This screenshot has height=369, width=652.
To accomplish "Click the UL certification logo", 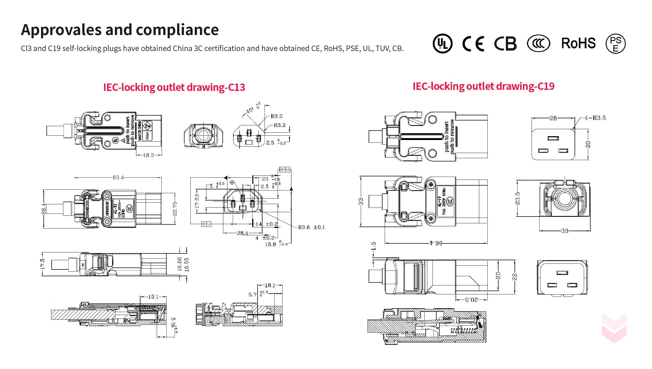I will (443, 44).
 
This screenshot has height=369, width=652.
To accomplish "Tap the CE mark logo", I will (473, 44).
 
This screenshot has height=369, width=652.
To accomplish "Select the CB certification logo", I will (505, 44).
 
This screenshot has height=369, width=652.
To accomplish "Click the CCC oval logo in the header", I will (538, 43).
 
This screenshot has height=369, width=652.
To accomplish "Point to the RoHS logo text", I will (578, 43).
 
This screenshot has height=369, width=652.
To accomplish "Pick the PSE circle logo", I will (616, 44).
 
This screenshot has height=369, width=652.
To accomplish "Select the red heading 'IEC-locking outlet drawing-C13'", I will (174, 87).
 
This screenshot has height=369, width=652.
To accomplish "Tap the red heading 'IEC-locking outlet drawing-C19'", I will (483, 86).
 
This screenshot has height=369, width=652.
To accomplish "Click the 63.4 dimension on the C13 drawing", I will (118, 177).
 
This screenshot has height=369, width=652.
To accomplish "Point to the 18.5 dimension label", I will (149, 155).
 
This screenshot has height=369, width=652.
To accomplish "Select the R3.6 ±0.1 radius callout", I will (311, 227).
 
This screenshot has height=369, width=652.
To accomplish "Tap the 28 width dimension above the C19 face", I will (553, 118).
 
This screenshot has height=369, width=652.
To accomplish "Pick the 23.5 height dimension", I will (518, 198).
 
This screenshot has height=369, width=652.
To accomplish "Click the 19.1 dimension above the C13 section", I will (153, 297).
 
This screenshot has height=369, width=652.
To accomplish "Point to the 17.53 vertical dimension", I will (197, 201).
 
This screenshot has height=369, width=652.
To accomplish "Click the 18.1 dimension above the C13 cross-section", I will (270, 285).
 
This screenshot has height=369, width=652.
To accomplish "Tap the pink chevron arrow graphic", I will (614, 328).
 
